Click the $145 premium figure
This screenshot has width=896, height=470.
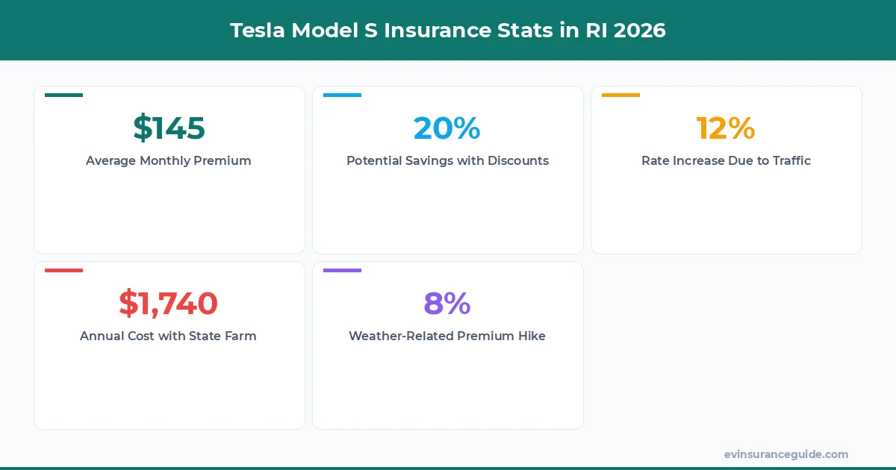click(169, 128)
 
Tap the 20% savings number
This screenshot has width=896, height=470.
click(447, 128)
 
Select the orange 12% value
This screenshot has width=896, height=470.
click(725, 128)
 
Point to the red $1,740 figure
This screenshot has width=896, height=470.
click(168, 304)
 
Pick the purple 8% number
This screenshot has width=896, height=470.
click(447, 304)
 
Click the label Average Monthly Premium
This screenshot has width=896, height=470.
click(169, 160)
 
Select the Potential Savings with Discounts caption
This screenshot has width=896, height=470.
click(447, 160)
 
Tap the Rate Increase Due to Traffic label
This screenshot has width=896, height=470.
click(726, 160)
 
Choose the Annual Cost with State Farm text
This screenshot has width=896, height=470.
click(168, 336)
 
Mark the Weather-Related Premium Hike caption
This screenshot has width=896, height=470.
click(447, 336)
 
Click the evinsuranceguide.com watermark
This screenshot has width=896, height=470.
click(785, 454)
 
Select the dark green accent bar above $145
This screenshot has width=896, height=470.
click(64, 95)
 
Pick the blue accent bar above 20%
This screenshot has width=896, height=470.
click(342, 95)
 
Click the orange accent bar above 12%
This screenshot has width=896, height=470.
click(620, 95)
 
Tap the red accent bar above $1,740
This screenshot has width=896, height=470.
click(64, 271)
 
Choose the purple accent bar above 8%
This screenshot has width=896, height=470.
click(342, 271)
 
